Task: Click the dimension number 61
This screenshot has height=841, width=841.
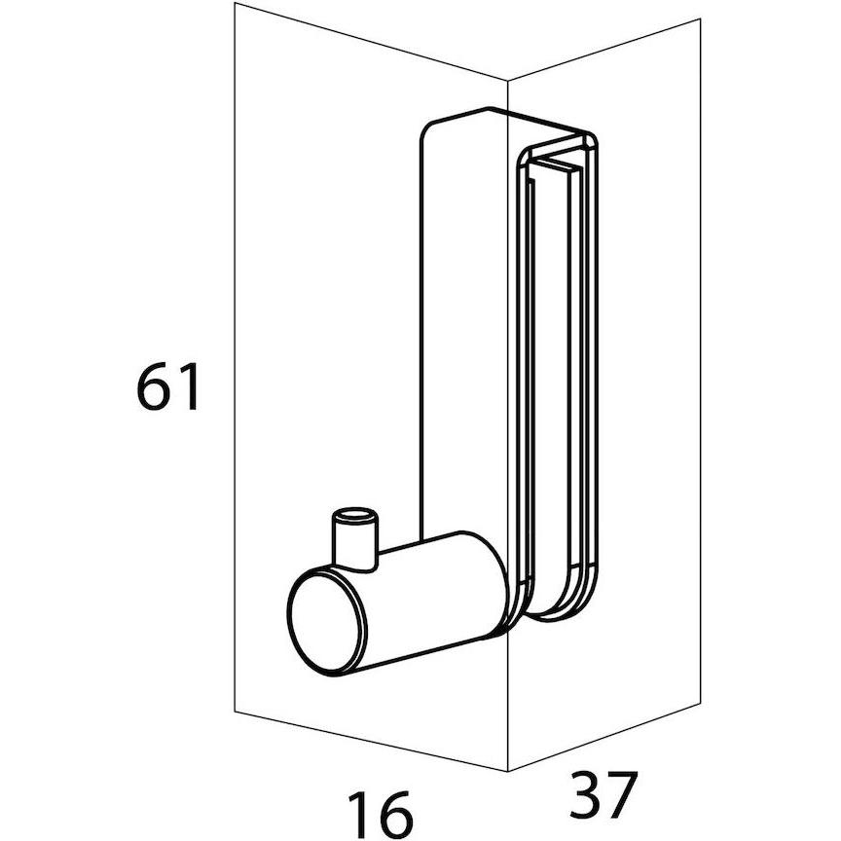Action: coord(168,386)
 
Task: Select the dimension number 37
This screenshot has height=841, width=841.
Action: coord(603,795)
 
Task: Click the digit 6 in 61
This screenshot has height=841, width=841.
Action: coord(155,386)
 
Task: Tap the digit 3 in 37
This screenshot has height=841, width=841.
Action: coord(586,795)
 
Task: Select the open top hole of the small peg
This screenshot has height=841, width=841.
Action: coord(354,516)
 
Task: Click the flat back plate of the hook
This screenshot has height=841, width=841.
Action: coord(462,322)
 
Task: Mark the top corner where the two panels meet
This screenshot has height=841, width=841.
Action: coord(508,81)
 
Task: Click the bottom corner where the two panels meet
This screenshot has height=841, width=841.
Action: coord(508,771)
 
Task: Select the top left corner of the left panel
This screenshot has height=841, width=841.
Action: coord(235,3)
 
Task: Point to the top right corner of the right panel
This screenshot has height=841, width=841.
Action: coord(701,18)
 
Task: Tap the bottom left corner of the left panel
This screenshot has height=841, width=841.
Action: coord(235,712)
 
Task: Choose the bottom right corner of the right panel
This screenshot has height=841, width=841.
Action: coord(701,702)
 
